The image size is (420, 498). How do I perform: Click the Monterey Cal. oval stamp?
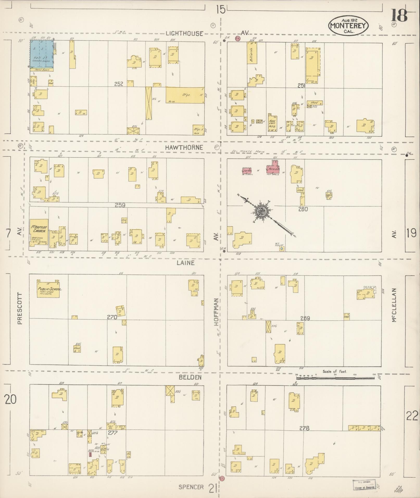tap(348, 25)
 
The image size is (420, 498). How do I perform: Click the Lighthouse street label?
tap(185, 33)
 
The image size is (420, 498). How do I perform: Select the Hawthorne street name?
tap(184, 147)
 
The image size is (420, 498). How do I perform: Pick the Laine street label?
tap(185, 263)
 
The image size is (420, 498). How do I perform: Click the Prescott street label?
tap(20, 309)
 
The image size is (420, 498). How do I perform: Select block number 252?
tap(118, 84)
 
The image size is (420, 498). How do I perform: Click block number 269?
tap(305, 318)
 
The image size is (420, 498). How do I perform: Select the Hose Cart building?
tap(272, 124)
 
